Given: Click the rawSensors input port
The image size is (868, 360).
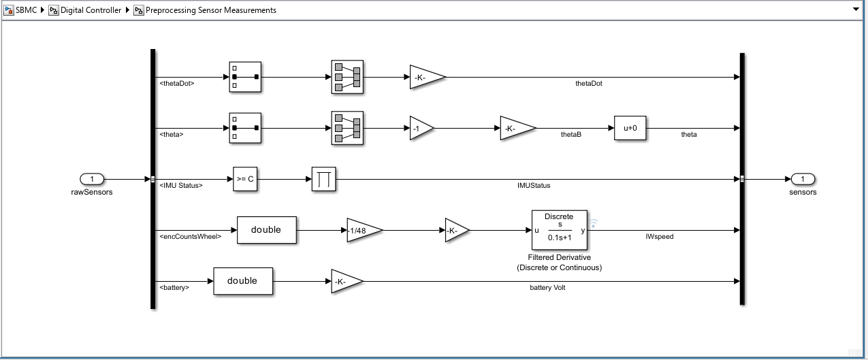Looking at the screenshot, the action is pyautogui.click(x=92, y=179).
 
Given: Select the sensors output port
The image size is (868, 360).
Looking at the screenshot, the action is pyautogui.click(x=803, y=179).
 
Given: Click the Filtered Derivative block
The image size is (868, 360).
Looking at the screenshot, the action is pyautogui.click(x=559, y=230).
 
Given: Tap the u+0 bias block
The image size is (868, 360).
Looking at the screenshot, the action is pyautogui.click(x=630, y=128).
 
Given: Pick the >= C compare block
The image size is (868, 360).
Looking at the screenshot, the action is pyautogui.click(x=245, y=179).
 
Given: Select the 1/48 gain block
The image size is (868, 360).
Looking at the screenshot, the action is pyautogui.click(x=364, y=230).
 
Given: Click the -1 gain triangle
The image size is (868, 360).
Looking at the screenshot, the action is pyautogui.click(x=421, y=128).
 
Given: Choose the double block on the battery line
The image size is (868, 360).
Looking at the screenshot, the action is pyautogui.click(x=243, y=281).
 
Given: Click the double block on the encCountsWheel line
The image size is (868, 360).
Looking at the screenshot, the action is pyautogui.click(x=267, y=230).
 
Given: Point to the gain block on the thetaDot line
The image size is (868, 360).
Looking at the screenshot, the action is pyautogui.click(x=428, y=77).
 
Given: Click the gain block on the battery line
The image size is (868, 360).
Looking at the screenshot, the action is pyautogui.click(x=347, y=281).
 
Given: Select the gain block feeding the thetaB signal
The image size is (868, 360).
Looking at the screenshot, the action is pyautogui.click(x=517, y=128).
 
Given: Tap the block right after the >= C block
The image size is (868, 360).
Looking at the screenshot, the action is pyautogui.click(x=323, y=179).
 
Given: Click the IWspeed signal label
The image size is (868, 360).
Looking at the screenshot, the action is pyautogui.click(x=659, y=236).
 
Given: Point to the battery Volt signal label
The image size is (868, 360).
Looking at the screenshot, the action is pyautogui.click(x=547, y=288).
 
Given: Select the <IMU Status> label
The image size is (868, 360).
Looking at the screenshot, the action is pyautogui.click(x=181, y=185).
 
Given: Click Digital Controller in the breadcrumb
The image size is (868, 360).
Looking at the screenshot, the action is pyautogui.click(x=91, y=10).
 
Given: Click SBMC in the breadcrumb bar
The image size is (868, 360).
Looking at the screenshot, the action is pyautogui.click(x=26, y=10).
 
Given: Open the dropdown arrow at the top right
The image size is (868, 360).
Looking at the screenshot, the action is pyautogui.click(x=856, y=10).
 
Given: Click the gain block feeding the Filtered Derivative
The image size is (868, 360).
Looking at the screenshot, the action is pyautogui.click(x=457, y=230).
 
